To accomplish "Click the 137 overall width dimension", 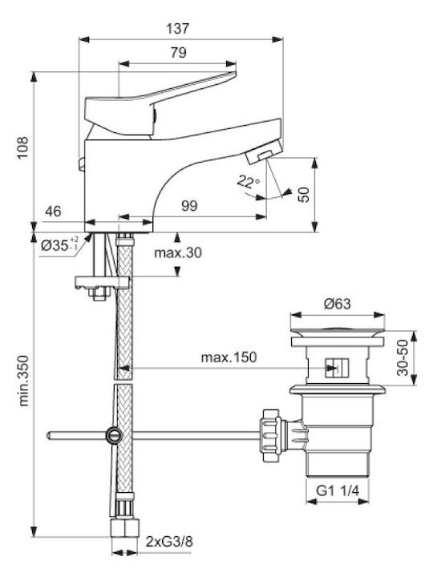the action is pyautogui.click(x=177, y=28).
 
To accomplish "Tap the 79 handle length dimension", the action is pyautogui.click(x=179, y=53).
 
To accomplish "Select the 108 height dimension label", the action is pyautogui.click(x=22, y=147).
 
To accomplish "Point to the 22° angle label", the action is pyautogui.click(x=248, y=181).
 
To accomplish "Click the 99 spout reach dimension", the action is pyautogui.click(x=189, y=205).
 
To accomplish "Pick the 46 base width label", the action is pyautogui.click(x=54, y=212).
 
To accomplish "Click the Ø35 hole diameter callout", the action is pyautogui.click(x=59, y=244).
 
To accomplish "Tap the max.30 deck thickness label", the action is pyautogui.click(x=178, y=252).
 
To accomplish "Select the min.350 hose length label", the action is pyautogui.click(x=23, y=381).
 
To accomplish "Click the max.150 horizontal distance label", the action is pyautogui.click(x=229, y=357).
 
